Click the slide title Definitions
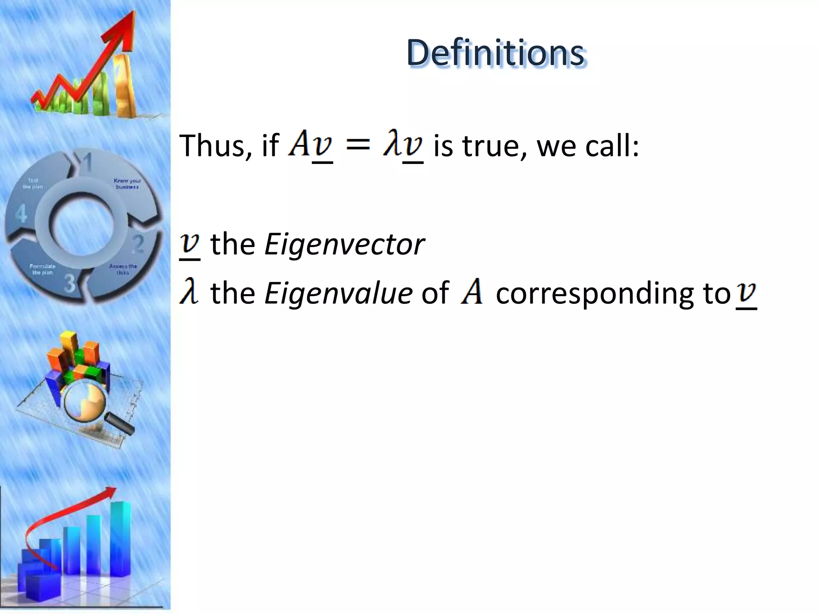pyautogui.click(x=496, y=53)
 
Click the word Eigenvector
pyautogui.click(x=344, y=244)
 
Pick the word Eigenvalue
pyautogui.click(x=338, y=293)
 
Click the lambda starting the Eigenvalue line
pyautogui.click(x=189, y=292)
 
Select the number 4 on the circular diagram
pyautogui.click(x=21, y=213)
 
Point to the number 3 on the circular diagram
pyautogui.click(x=70, y=283)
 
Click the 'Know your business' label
pyautogui.click(x=127, y=183)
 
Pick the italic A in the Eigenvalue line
pyautogui.click(x=472, y=292)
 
